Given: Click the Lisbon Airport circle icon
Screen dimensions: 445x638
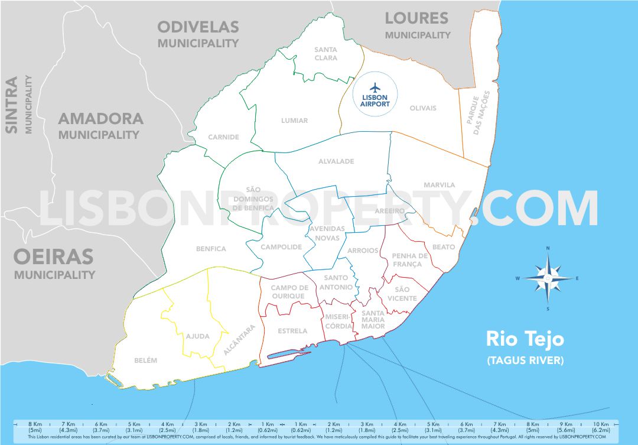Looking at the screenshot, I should pyautogui.click(x=375, y=95).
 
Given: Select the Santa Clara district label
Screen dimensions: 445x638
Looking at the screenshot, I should pyautogui.click(x=326, y=54).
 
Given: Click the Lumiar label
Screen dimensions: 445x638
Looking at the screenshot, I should pyautogui.click(x=294, y=121).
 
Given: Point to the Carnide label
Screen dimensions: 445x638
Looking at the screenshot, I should pyautogui.click(x=223, y=137).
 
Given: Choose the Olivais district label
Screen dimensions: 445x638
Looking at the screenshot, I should pyautogui.click(x=423, y=108).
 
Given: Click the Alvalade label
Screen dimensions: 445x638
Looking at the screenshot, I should pyautogui.click(x=336, y=161).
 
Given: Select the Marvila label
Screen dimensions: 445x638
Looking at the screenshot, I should pyautogui.click(x=440, y=185).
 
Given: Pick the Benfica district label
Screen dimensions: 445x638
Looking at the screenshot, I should pyautogui.click(x=211, y=249).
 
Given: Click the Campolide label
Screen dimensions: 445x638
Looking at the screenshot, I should pyautogui.click(x=281, y=247).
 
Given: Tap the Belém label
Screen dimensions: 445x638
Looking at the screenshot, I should pyautogui.click(x=145, y=360).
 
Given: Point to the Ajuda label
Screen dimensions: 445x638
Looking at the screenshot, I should pyautogui.click(x=197, y=336).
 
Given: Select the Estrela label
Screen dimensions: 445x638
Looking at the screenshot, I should pyautogui.click(x=292, y=331).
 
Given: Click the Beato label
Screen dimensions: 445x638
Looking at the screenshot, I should pyautogui.click(x=444, y=247).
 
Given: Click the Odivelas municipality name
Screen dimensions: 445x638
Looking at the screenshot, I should pyautogui.click(x=198, y=27).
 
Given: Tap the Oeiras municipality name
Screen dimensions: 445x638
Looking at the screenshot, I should pyautogui.click(x=54, y=257).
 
